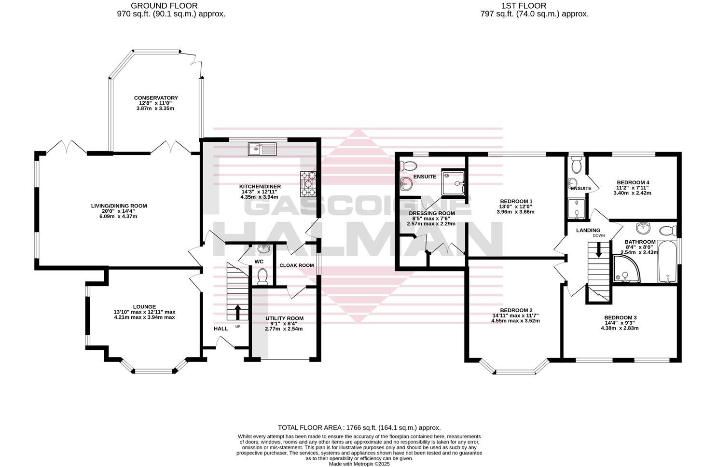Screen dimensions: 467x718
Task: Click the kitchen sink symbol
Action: (x=262, y=149)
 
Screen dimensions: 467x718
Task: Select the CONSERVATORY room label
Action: (x=156, y=98)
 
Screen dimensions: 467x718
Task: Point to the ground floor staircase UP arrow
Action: (x=237, y=312)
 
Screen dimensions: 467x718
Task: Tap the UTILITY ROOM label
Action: (x=284, y=318)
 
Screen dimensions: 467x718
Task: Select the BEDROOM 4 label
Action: (x=632, y=182)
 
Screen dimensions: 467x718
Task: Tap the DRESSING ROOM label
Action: (x=431, y=213)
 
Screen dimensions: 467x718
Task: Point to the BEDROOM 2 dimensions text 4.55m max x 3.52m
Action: (x=516, y=321)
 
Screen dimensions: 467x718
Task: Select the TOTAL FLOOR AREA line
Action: (x=359, y=427)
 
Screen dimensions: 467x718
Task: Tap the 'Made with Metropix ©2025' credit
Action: (x=359, y=464)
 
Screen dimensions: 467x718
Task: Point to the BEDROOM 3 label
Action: (x=620, y=317)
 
